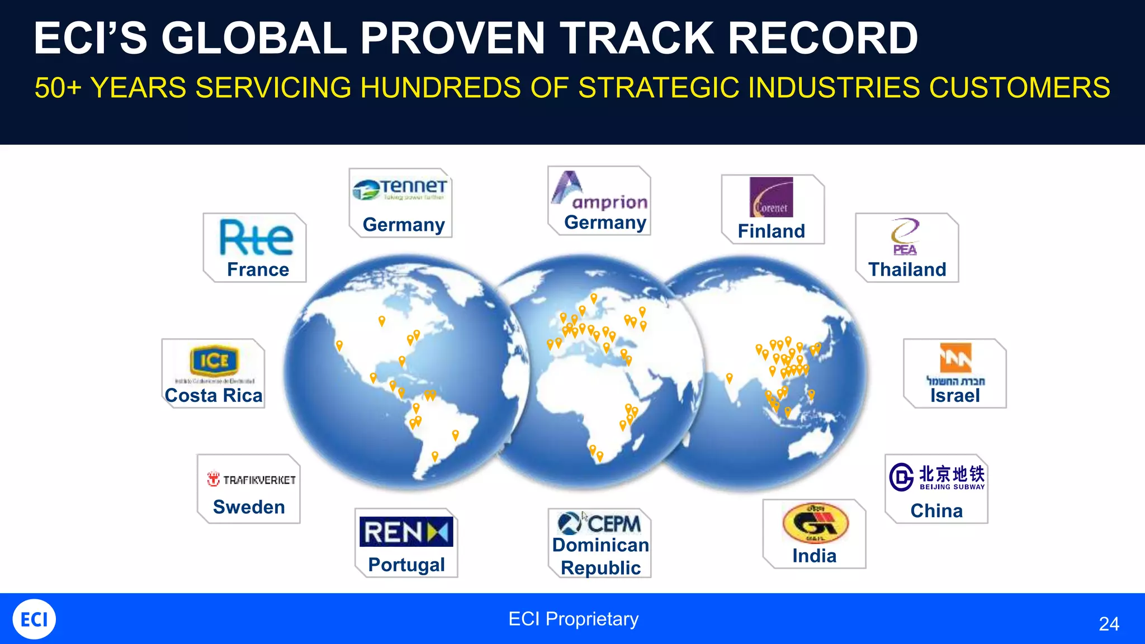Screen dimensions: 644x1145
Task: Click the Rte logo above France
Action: pos(256,238)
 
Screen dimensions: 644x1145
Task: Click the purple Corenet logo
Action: pos(771,197)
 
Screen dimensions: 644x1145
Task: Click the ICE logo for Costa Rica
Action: pos(214,361)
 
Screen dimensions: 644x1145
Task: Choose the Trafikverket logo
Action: pos(252,480)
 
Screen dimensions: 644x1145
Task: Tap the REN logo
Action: pos(406,532)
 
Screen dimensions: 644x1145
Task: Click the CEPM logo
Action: pos(600,523)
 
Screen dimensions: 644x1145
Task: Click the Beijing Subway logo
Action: pos(937,477)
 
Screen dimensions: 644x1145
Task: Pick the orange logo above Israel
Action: pos(955,358)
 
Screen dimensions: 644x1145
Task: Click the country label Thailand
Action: pos(907,269)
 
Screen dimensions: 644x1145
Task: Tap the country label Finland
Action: pos(771,231)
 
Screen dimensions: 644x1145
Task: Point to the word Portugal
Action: pos(406,565)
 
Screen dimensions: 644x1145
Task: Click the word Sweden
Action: pos(249,507)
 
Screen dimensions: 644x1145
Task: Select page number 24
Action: pos(1109,624)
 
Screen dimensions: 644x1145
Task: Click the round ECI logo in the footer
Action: pos(34,619)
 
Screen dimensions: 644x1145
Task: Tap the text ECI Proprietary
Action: pos(573,619)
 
